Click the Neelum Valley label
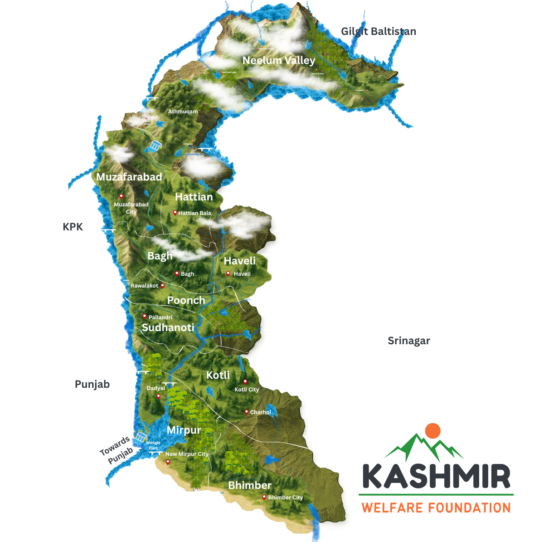click(278, 60)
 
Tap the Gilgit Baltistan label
click(379, 31)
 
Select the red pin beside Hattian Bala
click(175, 212)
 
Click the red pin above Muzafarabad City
click(121, 196)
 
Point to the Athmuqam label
click(183, 112)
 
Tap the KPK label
click(73, 227)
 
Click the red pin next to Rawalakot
click(162, 285)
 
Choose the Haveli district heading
click(239, 261)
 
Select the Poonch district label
click(186, 300)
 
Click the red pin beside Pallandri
click(145, 316)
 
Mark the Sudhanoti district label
click(168, 327)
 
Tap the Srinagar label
click(408, 341)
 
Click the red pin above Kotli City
click(245, 381)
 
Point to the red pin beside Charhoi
click(246, 412)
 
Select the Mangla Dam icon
click(141, 437)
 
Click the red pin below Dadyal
click(158, 396)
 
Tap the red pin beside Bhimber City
click(264, 497)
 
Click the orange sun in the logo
click(433, 430)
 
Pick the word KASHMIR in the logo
click(436, 476)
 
